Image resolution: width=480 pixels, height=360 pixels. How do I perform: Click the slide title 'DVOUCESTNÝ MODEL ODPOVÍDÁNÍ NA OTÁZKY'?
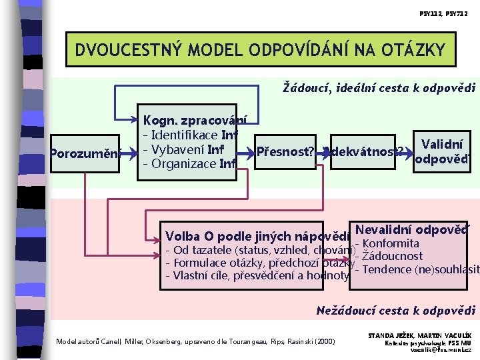pos(259,50)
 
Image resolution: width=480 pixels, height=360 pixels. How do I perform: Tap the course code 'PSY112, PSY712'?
pos(445,13)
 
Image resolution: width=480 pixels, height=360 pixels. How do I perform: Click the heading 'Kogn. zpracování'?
pos(195,121)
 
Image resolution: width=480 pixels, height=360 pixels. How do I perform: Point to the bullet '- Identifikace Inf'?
pos(191,135)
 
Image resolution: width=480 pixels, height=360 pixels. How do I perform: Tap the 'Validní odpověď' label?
pos(442,153)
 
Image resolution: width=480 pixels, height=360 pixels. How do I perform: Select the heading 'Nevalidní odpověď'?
pos(413,228)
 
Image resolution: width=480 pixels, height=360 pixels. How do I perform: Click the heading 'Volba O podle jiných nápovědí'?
pos(257,237)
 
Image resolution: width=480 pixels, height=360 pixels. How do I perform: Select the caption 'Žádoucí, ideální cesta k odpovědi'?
pos(379,87)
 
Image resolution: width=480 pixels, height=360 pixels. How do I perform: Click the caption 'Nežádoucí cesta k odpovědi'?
pos(395,311)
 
